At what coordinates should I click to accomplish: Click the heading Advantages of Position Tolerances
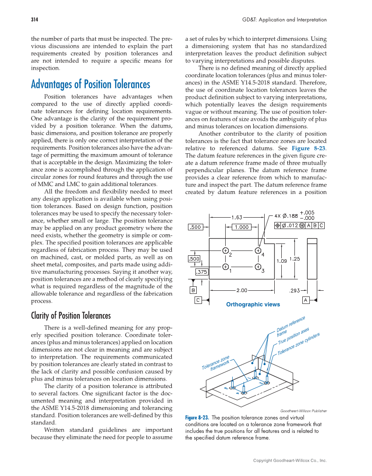tap(90, 84)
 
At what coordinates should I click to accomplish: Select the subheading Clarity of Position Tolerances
tap(71, 316)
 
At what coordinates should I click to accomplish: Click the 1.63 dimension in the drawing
tap(237, 217)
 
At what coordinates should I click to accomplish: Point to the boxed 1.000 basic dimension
tap(241, 227)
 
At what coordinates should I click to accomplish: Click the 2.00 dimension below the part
tap(242, 290)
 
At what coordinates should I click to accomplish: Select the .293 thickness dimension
tap(295, 290)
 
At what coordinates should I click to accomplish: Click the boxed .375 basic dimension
tap(202, 271)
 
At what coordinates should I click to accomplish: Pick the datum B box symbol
tap(193, 290)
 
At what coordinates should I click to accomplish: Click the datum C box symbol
tap(198, 300)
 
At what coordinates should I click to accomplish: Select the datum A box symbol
tap(306, 300)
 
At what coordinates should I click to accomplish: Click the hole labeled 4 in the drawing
tap(258, 250)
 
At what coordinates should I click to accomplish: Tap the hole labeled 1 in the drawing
tap(225, 266)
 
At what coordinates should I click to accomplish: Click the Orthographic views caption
tap(253, 304)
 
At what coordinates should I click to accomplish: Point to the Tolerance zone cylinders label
tap(299, 343)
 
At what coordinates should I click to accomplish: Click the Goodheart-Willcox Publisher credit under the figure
tap(303, 411)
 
